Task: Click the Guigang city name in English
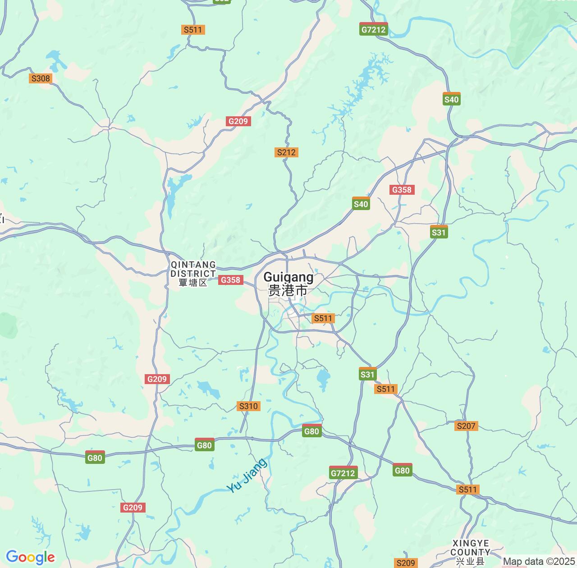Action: coord(288,277)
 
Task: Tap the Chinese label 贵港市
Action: coord(288,290)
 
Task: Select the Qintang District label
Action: coord(193,269)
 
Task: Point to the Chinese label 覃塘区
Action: coord(193,283)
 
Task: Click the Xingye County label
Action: coord(470,548)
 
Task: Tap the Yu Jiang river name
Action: coord(247,475)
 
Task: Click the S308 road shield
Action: coord(40,78)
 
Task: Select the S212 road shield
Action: coord(286,152)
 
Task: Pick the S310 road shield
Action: coord(248,406)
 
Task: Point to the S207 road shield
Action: coord(466,426)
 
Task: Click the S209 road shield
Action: coord(405,563)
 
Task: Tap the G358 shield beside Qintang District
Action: coord(230,280)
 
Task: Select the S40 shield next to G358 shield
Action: coord(361,204)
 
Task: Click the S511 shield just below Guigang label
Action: coord(323,318)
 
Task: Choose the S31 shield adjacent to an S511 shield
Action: coord(367,374)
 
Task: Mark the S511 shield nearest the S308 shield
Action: coord(193,30)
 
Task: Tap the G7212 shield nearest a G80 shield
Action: coord(343,472)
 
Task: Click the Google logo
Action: coord(30,557)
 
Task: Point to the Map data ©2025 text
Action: coord(539,562)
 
